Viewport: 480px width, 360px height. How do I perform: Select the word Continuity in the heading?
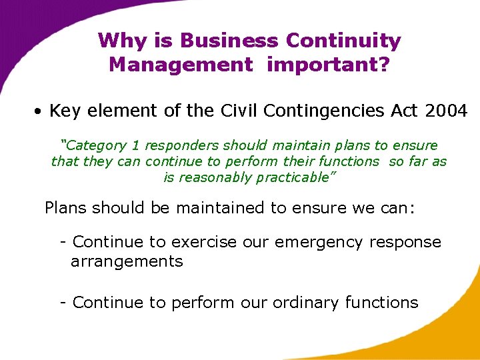pyautogui.click(x=343, y=41)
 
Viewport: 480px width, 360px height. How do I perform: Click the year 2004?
pyautogui.click(x=445, y=111)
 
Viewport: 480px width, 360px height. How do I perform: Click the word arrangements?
pyautogui.click(x=127, y=261)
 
